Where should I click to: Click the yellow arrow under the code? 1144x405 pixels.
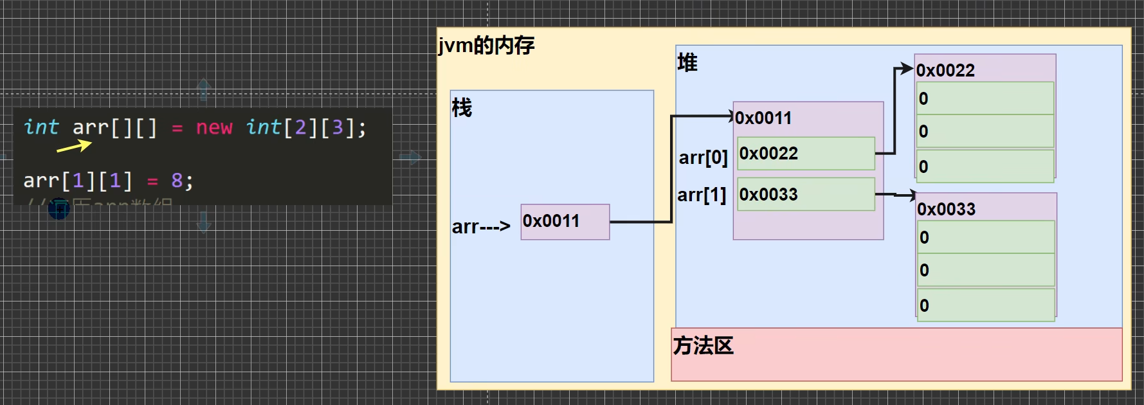coord(75,147)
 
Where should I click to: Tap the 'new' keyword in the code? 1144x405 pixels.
coord(213,127)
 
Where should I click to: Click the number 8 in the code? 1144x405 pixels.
coord(177,181)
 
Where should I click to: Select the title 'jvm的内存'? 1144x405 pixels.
coord(486,46)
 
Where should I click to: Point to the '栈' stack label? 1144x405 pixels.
coord(462,107)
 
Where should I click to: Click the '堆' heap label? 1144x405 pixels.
coord(687,63)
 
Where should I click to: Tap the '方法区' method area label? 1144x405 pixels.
coord(703,346)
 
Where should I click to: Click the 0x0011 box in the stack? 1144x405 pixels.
coord(565,222)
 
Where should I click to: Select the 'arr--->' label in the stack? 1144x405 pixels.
coord(481,226)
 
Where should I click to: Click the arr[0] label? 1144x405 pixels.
coord(703,157)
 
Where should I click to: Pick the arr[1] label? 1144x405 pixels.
coord(702,195)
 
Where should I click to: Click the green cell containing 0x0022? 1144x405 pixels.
coord(806,154)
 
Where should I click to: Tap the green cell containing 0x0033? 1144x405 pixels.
coord(806,194)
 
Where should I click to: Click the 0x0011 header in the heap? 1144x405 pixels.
coord(763,118)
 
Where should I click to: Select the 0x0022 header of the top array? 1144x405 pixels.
coord(945,70)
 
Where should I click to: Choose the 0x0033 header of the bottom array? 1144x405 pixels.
coord(946,209)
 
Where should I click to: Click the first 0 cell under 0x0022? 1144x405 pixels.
coord(985,98)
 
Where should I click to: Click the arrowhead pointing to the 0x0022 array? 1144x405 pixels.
coord(907,69)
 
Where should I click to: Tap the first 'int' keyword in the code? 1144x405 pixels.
coord(41,127)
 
